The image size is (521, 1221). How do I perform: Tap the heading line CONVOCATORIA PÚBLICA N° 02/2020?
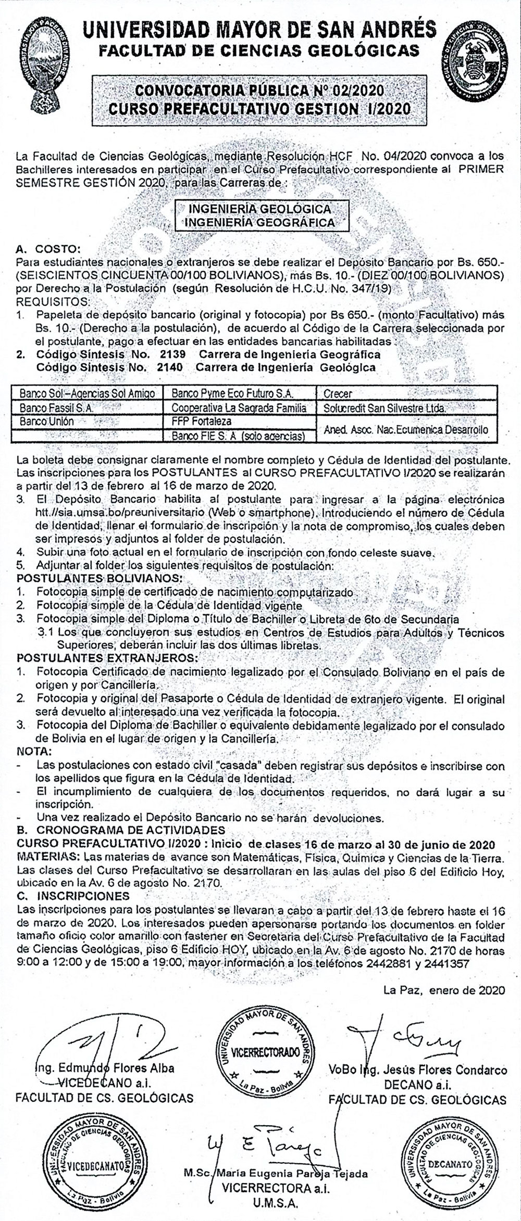tap(259, 91)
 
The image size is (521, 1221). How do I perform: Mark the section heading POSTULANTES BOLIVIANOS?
tap(100, 578)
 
